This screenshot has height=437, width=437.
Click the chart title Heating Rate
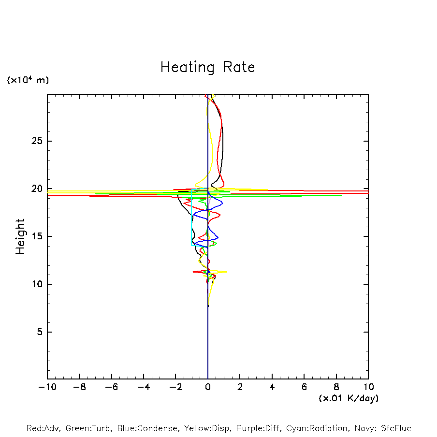coord(207,67)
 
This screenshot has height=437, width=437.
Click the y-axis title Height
coord(20,236)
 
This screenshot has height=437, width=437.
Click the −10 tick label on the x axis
coord(47,387)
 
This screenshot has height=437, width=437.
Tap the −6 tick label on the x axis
coord(111,387)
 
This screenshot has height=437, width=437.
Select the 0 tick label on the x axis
coord(208,387)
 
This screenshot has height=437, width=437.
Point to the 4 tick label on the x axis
coord(272,387)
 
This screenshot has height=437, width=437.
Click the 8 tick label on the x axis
coord(336,387)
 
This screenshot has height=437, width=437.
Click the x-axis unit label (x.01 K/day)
coord(349,398)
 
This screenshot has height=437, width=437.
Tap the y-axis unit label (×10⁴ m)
coord(28,80)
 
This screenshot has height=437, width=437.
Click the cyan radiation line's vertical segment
coord(191,218)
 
